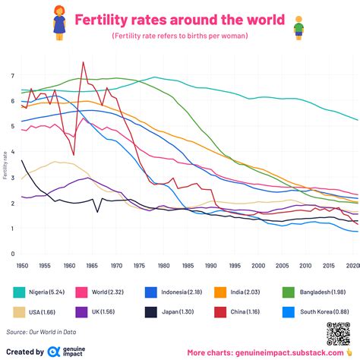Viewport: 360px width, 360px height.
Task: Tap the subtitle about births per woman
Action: [x=180, y=36]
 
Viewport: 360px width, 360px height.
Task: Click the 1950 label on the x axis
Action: [x=23, y=266]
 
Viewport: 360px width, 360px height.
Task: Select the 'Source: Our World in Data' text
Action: [x=44, y=332]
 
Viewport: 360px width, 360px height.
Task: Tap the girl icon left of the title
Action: [x=58, y=21]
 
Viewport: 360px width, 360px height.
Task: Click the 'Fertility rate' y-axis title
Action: [x=5, y=165]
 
